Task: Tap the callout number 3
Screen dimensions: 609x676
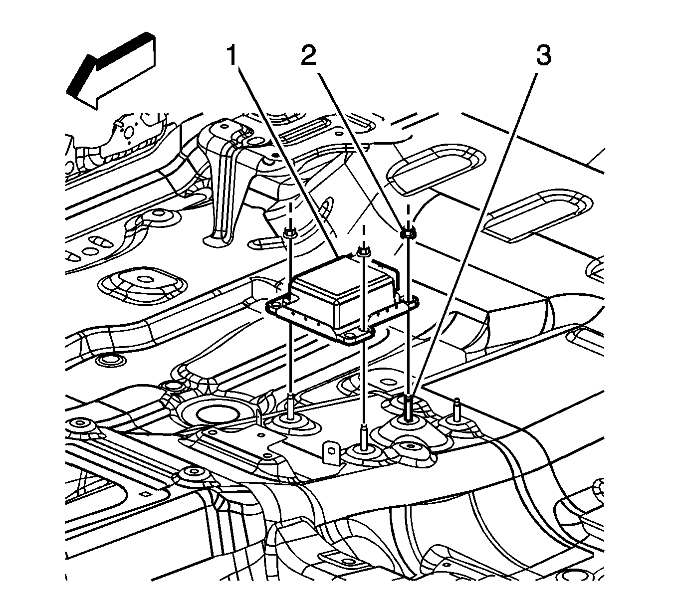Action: (x=543, y=55)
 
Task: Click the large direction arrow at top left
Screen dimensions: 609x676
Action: (x=113, y=70)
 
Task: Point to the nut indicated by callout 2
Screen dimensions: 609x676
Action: (x=408, y=232)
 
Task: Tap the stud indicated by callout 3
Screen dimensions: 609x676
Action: (x=409, y=406)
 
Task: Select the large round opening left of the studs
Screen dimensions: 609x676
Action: (x=213, y=412)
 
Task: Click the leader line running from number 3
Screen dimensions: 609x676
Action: (x=479, y=224)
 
